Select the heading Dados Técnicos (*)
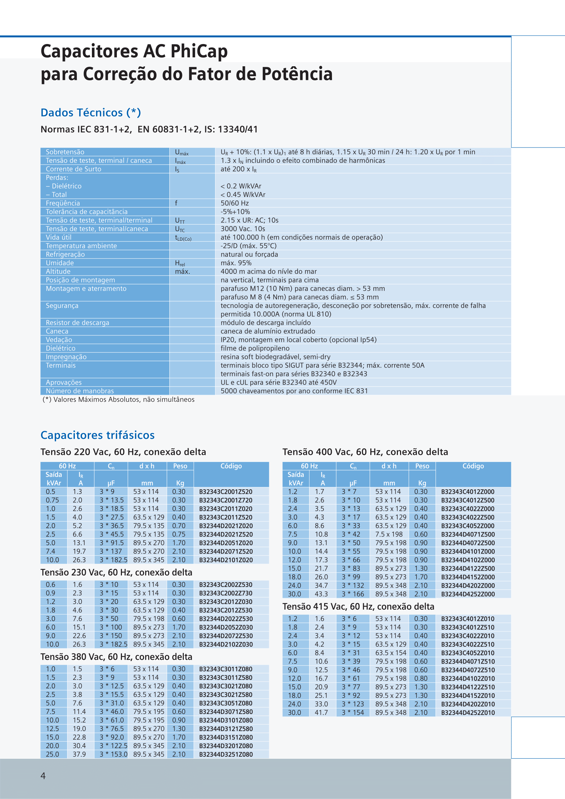pyautogui.click(x=91, y=113)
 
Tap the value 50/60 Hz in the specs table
pyautogui.click(x=235, y=203)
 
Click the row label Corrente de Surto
pyautogui.click(x=73, y=169)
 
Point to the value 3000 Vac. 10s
pyautogui.click(x=243, y=229)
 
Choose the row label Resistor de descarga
pyautogui.click(x=77, y=323)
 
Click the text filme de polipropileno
pyautogui.click(x=255, y=348)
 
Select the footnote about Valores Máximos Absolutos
pyautogui.click(x=118, y=399)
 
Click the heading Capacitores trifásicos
pyautogui.click(x=97, y=435)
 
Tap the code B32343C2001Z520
pyautogui.click(x=225, y=492)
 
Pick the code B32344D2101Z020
pyautogui.click(x=225, y=560)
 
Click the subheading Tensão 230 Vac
pyautogui.click(x=116, y=573)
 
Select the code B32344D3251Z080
pyautogui.click(x=225, y=755)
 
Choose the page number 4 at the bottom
pyautogui.click(x=43, y=776)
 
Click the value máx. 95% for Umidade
pyautogui.click(x=236, y=263)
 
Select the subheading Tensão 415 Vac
pyautogui.click(x=358, y=606)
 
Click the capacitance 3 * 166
pyautogui.click(x=352, y=594)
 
